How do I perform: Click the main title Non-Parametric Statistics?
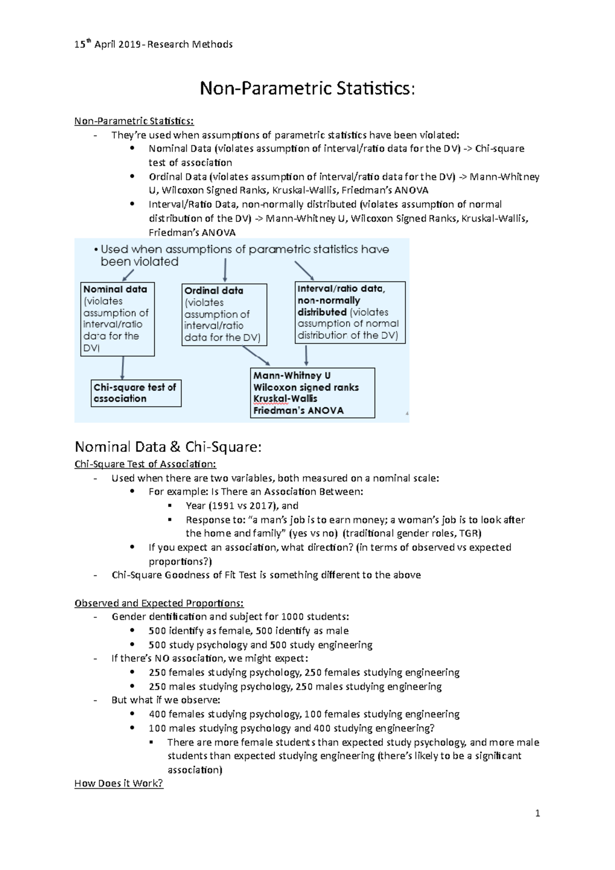pyautogui.click(x=307, y=89)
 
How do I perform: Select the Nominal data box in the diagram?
pyautogui.click(x=117, y=319)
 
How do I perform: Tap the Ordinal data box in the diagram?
pyautogui.click(x=224, y=314)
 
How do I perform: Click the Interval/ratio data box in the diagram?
pyautogui.click(x=350, y=312)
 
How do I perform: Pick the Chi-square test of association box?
pyautogui.click(x=136, y=393)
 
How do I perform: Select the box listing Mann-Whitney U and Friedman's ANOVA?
pyautogui.click(x=312, y=393)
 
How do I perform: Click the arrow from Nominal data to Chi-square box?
pyautogui.click(x=122, y=368)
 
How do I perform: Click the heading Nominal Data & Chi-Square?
pyautogui.click(x=168, y=447)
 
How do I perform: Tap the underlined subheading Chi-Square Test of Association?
pyautogui.click(x=145, y=464)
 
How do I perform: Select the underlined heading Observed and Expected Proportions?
pyautogui.click(x=159, y=603)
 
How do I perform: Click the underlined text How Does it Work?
pyautogui.click(x=118, y=783)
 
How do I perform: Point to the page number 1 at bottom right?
pyautogui.click(x=537, y=813)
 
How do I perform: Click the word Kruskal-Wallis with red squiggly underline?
pyautogui.click(x=285, y=399)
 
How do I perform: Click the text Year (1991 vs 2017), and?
pyautogui.click(x=242, y=506)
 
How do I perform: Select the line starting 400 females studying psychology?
pyautogui.click(x=304, y=714)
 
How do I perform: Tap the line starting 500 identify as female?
pyautogui.click(x=249, y=631)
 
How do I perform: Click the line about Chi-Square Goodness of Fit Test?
pyautogui.click(x=266, y=575)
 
